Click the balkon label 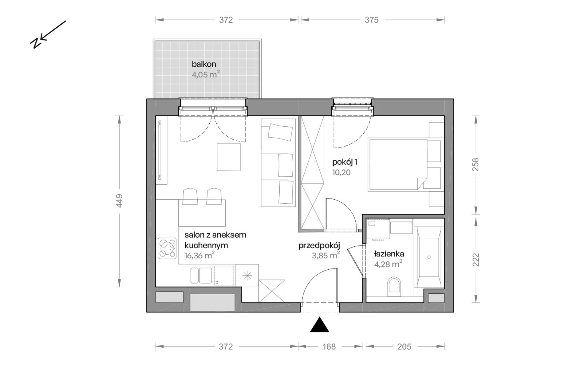(204, 64)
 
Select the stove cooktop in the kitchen (167, 248)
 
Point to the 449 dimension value (119, 201)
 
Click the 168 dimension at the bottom (329, 347)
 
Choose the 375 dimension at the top (372, 20)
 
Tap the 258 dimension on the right (475, 165)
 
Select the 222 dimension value (475, 260)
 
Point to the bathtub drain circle (429, 257)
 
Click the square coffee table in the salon (229, 157)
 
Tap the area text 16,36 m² (199, 255)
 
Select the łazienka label (389, 254)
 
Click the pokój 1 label (345, 162)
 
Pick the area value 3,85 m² (326, 255)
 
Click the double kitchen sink (201, 275)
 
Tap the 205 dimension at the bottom (404, 347)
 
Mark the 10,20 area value (341, 173)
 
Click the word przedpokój (319, 246)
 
